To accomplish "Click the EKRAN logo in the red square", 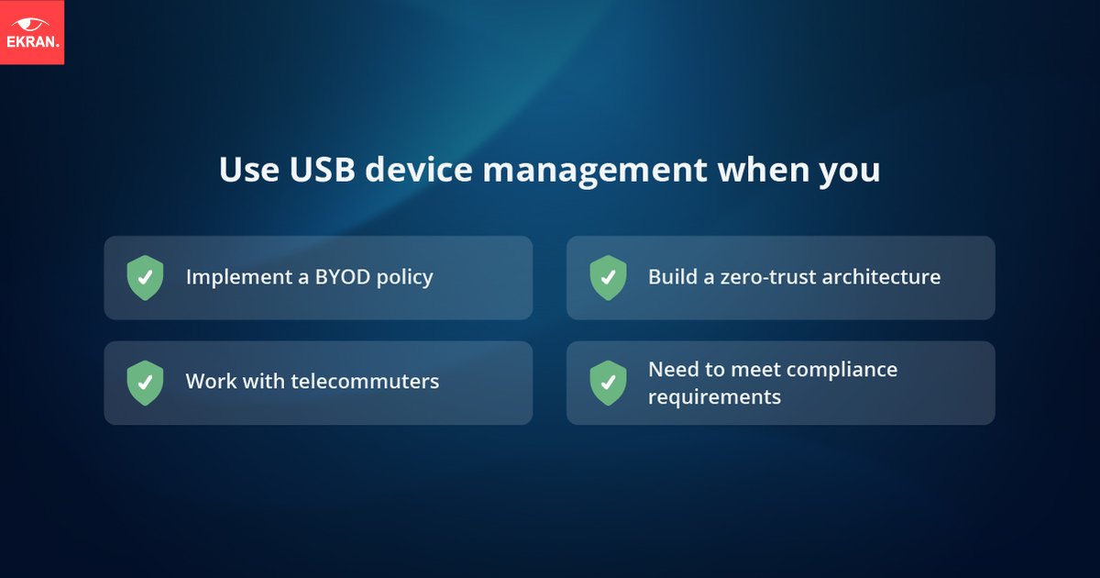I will click(31, 31).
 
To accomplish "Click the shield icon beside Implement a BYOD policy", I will click(145, 278).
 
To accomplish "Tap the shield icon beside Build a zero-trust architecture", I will click(608, 278).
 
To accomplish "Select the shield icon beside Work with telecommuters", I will click(145, 383).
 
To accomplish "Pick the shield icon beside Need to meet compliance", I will click(608, 383).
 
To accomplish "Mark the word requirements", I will click(714, 397).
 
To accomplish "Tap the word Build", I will click(671, 276).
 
